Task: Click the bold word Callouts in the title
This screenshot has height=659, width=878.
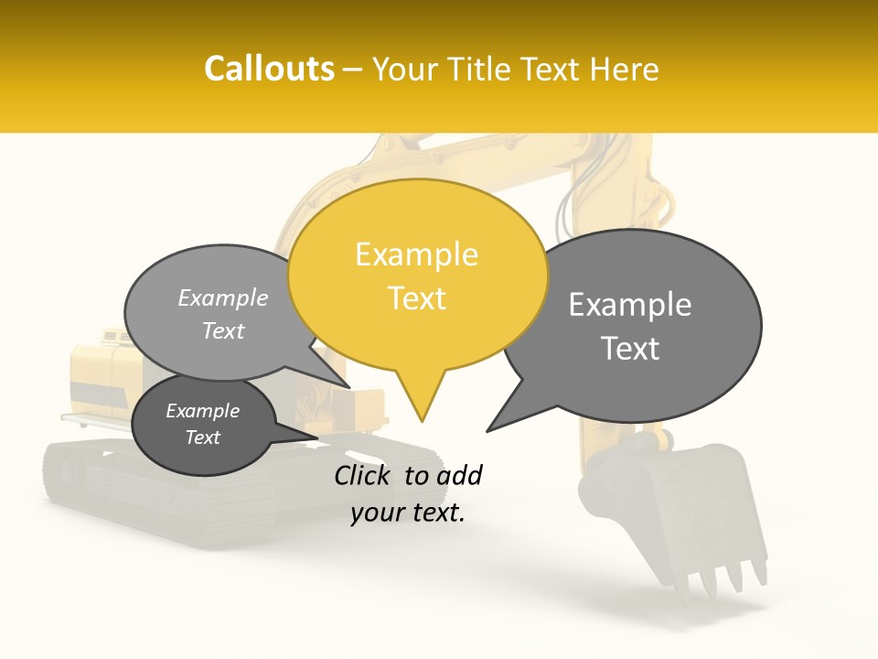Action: [269, 69]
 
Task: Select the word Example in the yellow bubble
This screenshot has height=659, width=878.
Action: [416, 254]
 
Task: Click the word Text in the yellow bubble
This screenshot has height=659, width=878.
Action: [417, 298]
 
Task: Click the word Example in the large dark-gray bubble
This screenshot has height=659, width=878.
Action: [629, 305]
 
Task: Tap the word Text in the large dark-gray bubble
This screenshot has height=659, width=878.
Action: [630, 349]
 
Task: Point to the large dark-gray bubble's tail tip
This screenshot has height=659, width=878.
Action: [487, 430]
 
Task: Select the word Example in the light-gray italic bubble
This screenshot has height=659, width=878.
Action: [222, 297]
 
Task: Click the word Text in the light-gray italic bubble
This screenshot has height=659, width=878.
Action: [222, 330]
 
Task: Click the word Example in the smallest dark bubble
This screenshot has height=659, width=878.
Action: [202, 411]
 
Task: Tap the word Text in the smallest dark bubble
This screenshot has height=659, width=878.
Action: [202, 438]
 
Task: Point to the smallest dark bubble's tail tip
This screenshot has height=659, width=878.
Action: [317, 437]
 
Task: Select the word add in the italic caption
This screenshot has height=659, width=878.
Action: [459, 475]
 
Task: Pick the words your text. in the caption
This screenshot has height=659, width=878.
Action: [407, 513]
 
